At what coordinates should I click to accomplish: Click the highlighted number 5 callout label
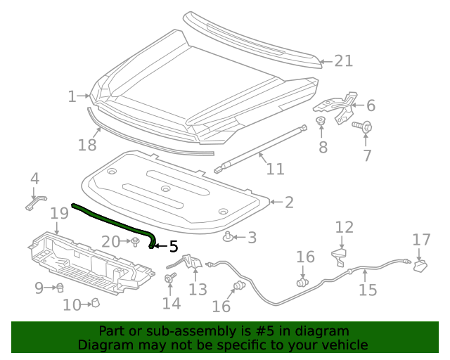[x=173, y=246]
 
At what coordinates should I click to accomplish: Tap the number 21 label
[x=342, y=61]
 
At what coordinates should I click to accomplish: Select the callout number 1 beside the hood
[x=72, y=96]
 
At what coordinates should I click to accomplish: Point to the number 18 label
[x=87, y=145]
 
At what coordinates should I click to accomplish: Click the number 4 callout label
[x=34, y=180]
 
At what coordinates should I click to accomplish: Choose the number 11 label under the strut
[x=275, y=169]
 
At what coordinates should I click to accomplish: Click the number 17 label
[x=421, y=240]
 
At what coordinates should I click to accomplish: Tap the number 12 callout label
[x=344, y=227]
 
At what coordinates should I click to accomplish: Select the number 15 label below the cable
[x=368, y=289]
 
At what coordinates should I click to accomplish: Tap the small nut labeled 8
[x=321, y=124]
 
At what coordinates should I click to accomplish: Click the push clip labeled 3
[x=229, y=237]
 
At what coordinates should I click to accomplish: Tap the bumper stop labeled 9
[x=60, y=287]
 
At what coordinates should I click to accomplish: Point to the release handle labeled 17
[x=421, y=264]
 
